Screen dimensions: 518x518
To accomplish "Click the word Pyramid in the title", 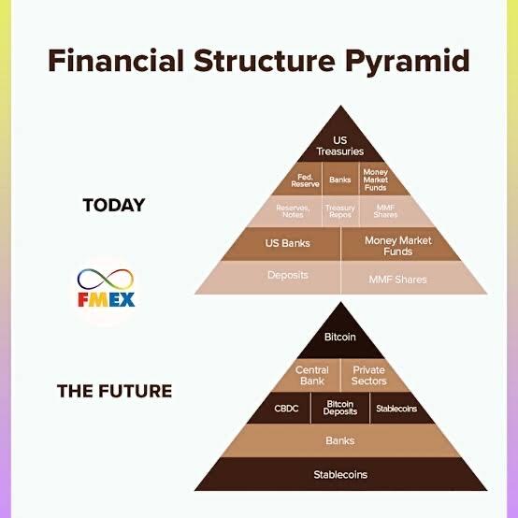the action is pos(408,62).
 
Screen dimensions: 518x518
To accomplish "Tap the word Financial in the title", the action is pos(116,60).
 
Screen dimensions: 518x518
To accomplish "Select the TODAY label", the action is pos(114,205).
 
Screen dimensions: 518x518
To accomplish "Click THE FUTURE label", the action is pos(114,391).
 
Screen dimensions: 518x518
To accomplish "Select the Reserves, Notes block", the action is pos(288,211).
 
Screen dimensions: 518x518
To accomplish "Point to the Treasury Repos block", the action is pos(340,211).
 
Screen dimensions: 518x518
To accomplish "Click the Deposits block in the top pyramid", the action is pos(274,277).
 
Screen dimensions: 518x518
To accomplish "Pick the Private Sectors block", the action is pos(372,375).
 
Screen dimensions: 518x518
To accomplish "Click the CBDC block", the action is pos(282,408).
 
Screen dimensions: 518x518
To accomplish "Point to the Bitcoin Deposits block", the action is pos(340,408).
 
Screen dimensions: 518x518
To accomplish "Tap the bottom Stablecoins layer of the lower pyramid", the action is pos(340,474).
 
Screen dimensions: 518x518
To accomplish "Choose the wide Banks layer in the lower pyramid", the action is pos(340,440).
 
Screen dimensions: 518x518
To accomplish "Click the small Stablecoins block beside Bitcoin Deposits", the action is pos(398,408).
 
